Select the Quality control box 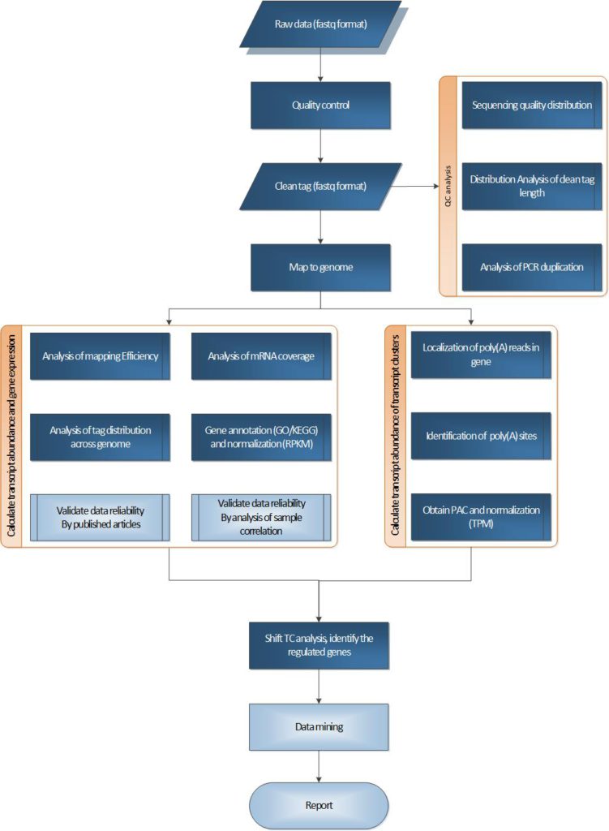coord(321,105)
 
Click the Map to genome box coord(321,267)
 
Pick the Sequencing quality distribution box coord(532,105)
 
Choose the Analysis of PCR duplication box coord(532,267)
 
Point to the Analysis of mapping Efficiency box coord(100,355)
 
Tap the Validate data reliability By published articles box coord(100,517)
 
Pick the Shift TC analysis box coord(321,645)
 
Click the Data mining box coord(321,726)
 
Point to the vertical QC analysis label coord(448,187)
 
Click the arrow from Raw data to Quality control coord(322,65)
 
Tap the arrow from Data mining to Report coord(322,767)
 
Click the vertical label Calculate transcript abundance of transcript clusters coord(395,436)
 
